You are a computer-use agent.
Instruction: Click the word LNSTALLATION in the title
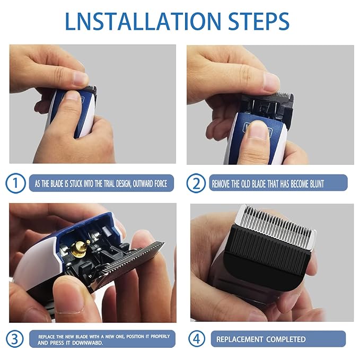(143, 21)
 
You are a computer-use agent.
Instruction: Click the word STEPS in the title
(259, 21)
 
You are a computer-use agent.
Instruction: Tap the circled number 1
(15, 183)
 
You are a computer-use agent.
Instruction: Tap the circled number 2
(196, 183)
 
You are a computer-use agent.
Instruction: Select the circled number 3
(15, 339)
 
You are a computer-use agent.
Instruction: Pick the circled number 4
(197, 339)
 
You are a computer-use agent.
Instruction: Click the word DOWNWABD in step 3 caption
(87, 343)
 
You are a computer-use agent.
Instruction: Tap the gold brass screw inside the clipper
(79, 249)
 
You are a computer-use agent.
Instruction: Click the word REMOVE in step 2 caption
(221, 184)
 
